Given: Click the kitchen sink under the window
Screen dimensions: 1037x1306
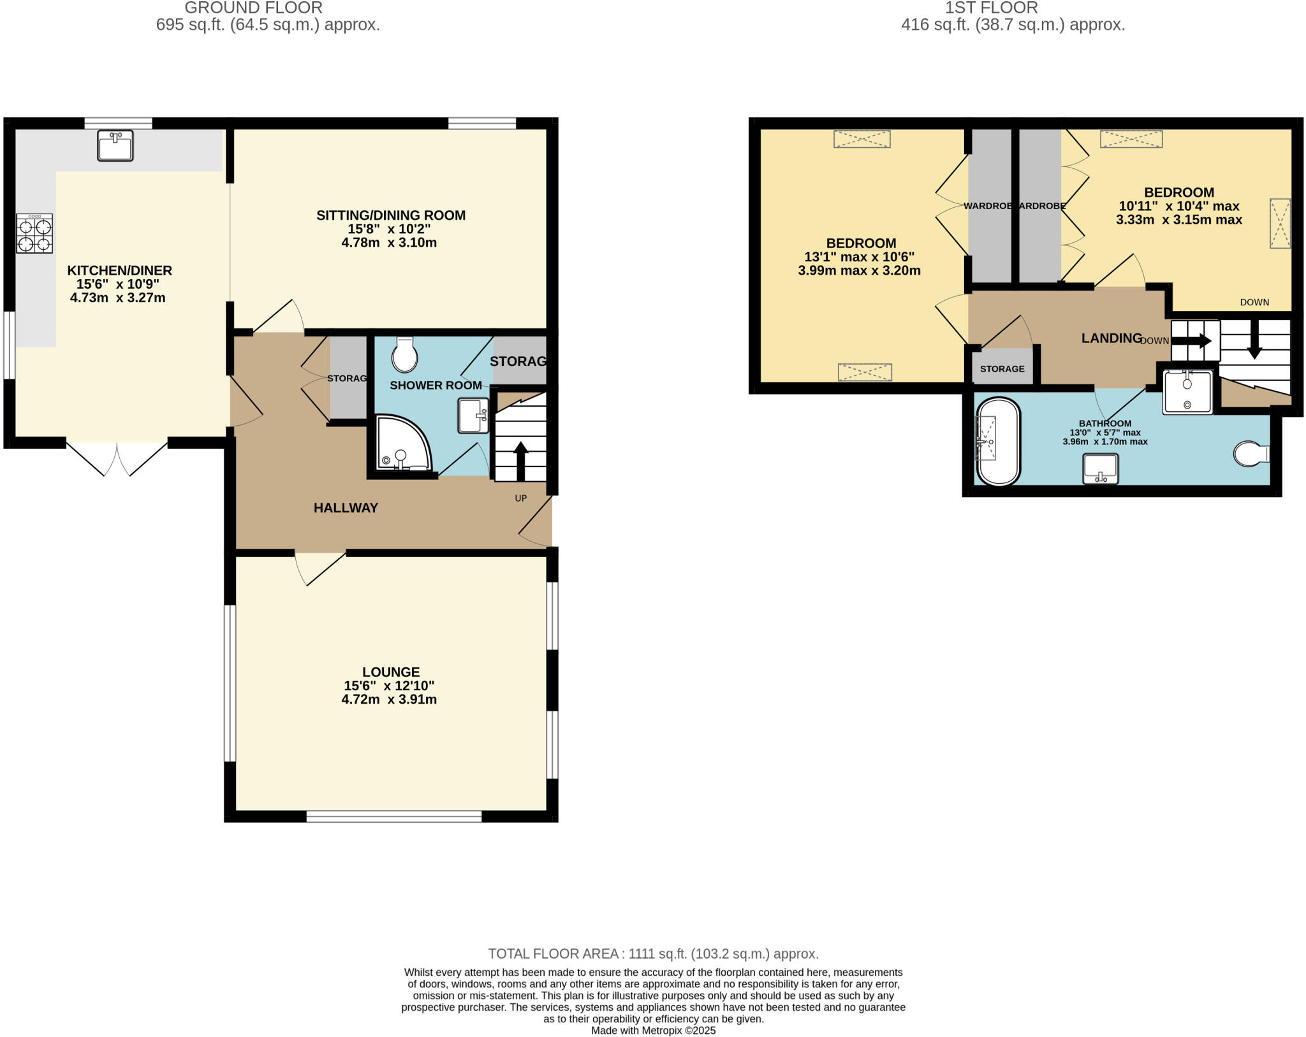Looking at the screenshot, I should pos(115,145).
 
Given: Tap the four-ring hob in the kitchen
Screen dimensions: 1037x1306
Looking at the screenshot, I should pos(35,233).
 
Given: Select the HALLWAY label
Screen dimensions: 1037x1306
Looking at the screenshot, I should pos(346,508).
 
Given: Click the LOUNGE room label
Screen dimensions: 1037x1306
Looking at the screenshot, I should pos(391,672).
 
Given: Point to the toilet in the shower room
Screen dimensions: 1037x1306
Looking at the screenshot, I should pos(404,355).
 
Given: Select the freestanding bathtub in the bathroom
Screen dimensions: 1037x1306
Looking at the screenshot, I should pos(998,441).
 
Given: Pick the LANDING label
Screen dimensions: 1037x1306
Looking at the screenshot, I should pos(1111,338).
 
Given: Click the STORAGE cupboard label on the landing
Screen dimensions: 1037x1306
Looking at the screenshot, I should pos(1002,369).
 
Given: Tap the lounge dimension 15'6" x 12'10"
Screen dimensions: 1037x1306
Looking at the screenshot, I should pos(389,686).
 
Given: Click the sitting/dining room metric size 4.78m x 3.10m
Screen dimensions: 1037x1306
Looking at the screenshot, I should pos(389,243).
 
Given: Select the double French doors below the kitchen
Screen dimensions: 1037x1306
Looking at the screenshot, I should pos(117,458).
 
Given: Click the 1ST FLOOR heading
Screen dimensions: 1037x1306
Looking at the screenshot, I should pos(991,8).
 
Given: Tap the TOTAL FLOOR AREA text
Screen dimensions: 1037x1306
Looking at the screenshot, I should pos(653,954).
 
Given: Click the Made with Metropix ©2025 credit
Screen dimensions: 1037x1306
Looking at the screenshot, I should pos(653,1030).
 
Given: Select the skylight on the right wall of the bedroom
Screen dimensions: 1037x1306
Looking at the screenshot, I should pos(1279,223).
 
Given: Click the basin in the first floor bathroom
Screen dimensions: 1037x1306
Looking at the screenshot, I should pos(1101,469).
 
